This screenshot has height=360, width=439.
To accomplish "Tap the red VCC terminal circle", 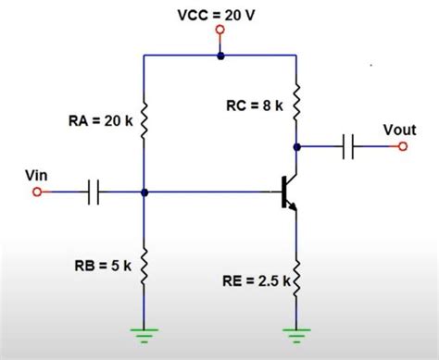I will tap(219, 30).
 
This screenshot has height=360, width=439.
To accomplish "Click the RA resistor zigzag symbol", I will tap(144, 119).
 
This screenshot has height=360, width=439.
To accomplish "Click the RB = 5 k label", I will tap(101, 266).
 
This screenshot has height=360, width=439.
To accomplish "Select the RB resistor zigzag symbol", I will tap(144, 267).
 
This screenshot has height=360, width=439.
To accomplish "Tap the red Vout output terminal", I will tap(402, 146).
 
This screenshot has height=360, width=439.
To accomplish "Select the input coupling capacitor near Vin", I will tap(93, 192).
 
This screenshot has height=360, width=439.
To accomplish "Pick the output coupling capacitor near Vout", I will tap(349, 146).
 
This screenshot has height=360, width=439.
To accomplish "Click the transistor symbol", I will tap(289, 192).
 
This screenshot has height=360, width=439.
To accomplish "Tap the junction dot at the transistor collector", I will tap(295, 146).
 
